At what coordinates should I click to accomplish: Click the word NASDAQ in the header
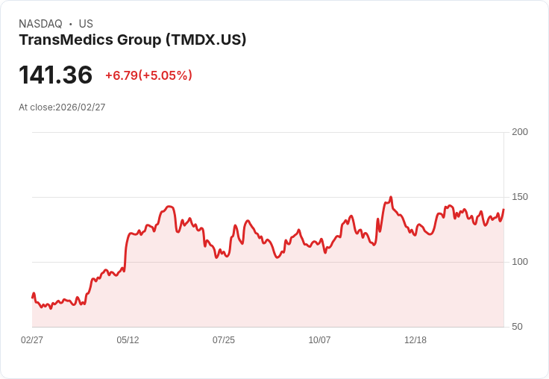[40, 24]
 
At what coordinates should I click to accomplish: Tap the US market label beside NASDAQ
[86, 24]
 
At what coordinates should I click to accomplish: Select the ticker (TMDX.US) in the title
[205, 40]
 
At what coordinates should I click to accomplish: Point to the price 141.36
[55, 75]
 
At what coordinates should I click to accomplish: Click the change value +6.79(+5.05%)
[148, 75]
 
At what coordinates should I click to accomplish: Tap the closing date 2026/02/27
[81, 107]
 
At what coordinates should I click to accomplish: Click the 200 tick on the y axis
[520, 132]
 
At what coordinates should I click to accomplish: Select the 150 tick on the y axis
[520, 197]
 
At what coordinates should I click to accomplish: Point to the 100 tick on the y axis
[520, 262]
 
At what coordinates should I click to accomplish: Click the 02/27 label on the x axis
[32, 340]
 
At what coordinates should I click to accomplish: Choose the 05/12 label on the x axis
[128, 340]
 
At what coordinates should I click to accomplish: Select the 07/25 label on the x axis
[224, 340]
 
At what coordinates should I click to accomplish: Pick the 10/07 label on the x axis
[319, 340]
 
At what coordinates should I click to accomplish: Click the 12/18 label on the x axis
[415, 340]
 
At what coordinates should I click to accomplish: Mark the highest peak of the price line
[391, 198]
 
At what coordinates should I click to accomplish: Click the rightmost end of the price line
[503, 210]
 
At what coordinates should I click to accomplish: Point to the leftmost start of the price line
[32, 297]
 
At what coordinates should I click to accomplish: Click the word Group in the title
[139, 40]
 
